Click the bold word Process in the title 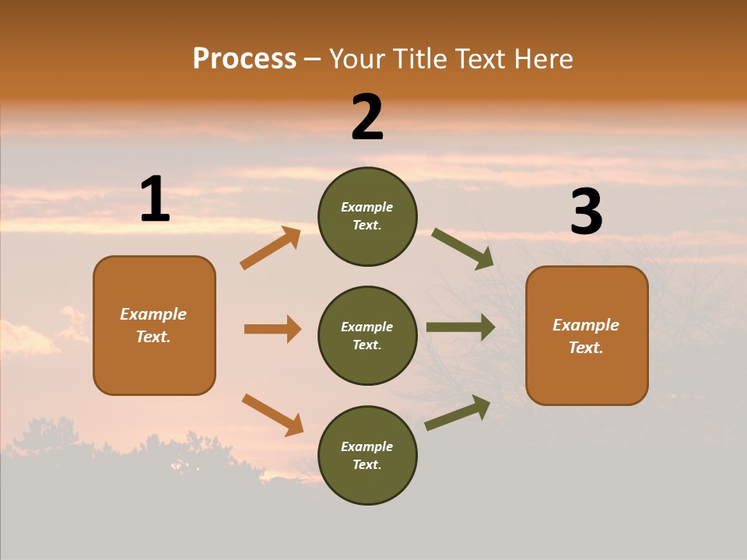[244, 59]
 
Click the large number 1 [155, 200]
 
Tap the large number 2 [367, 118]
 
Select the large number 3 [586, 212]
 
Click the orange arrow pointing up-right [271, 248]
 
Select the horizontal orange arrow [272, 329]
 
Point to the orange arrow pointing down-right [273, 415]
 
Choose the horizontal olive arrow [461, 327]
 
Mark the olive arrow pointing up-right [458, 413]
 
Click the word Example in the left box [153, 314]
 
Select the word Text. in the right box [586, 348]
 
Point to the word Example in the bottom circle [366, 446]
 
